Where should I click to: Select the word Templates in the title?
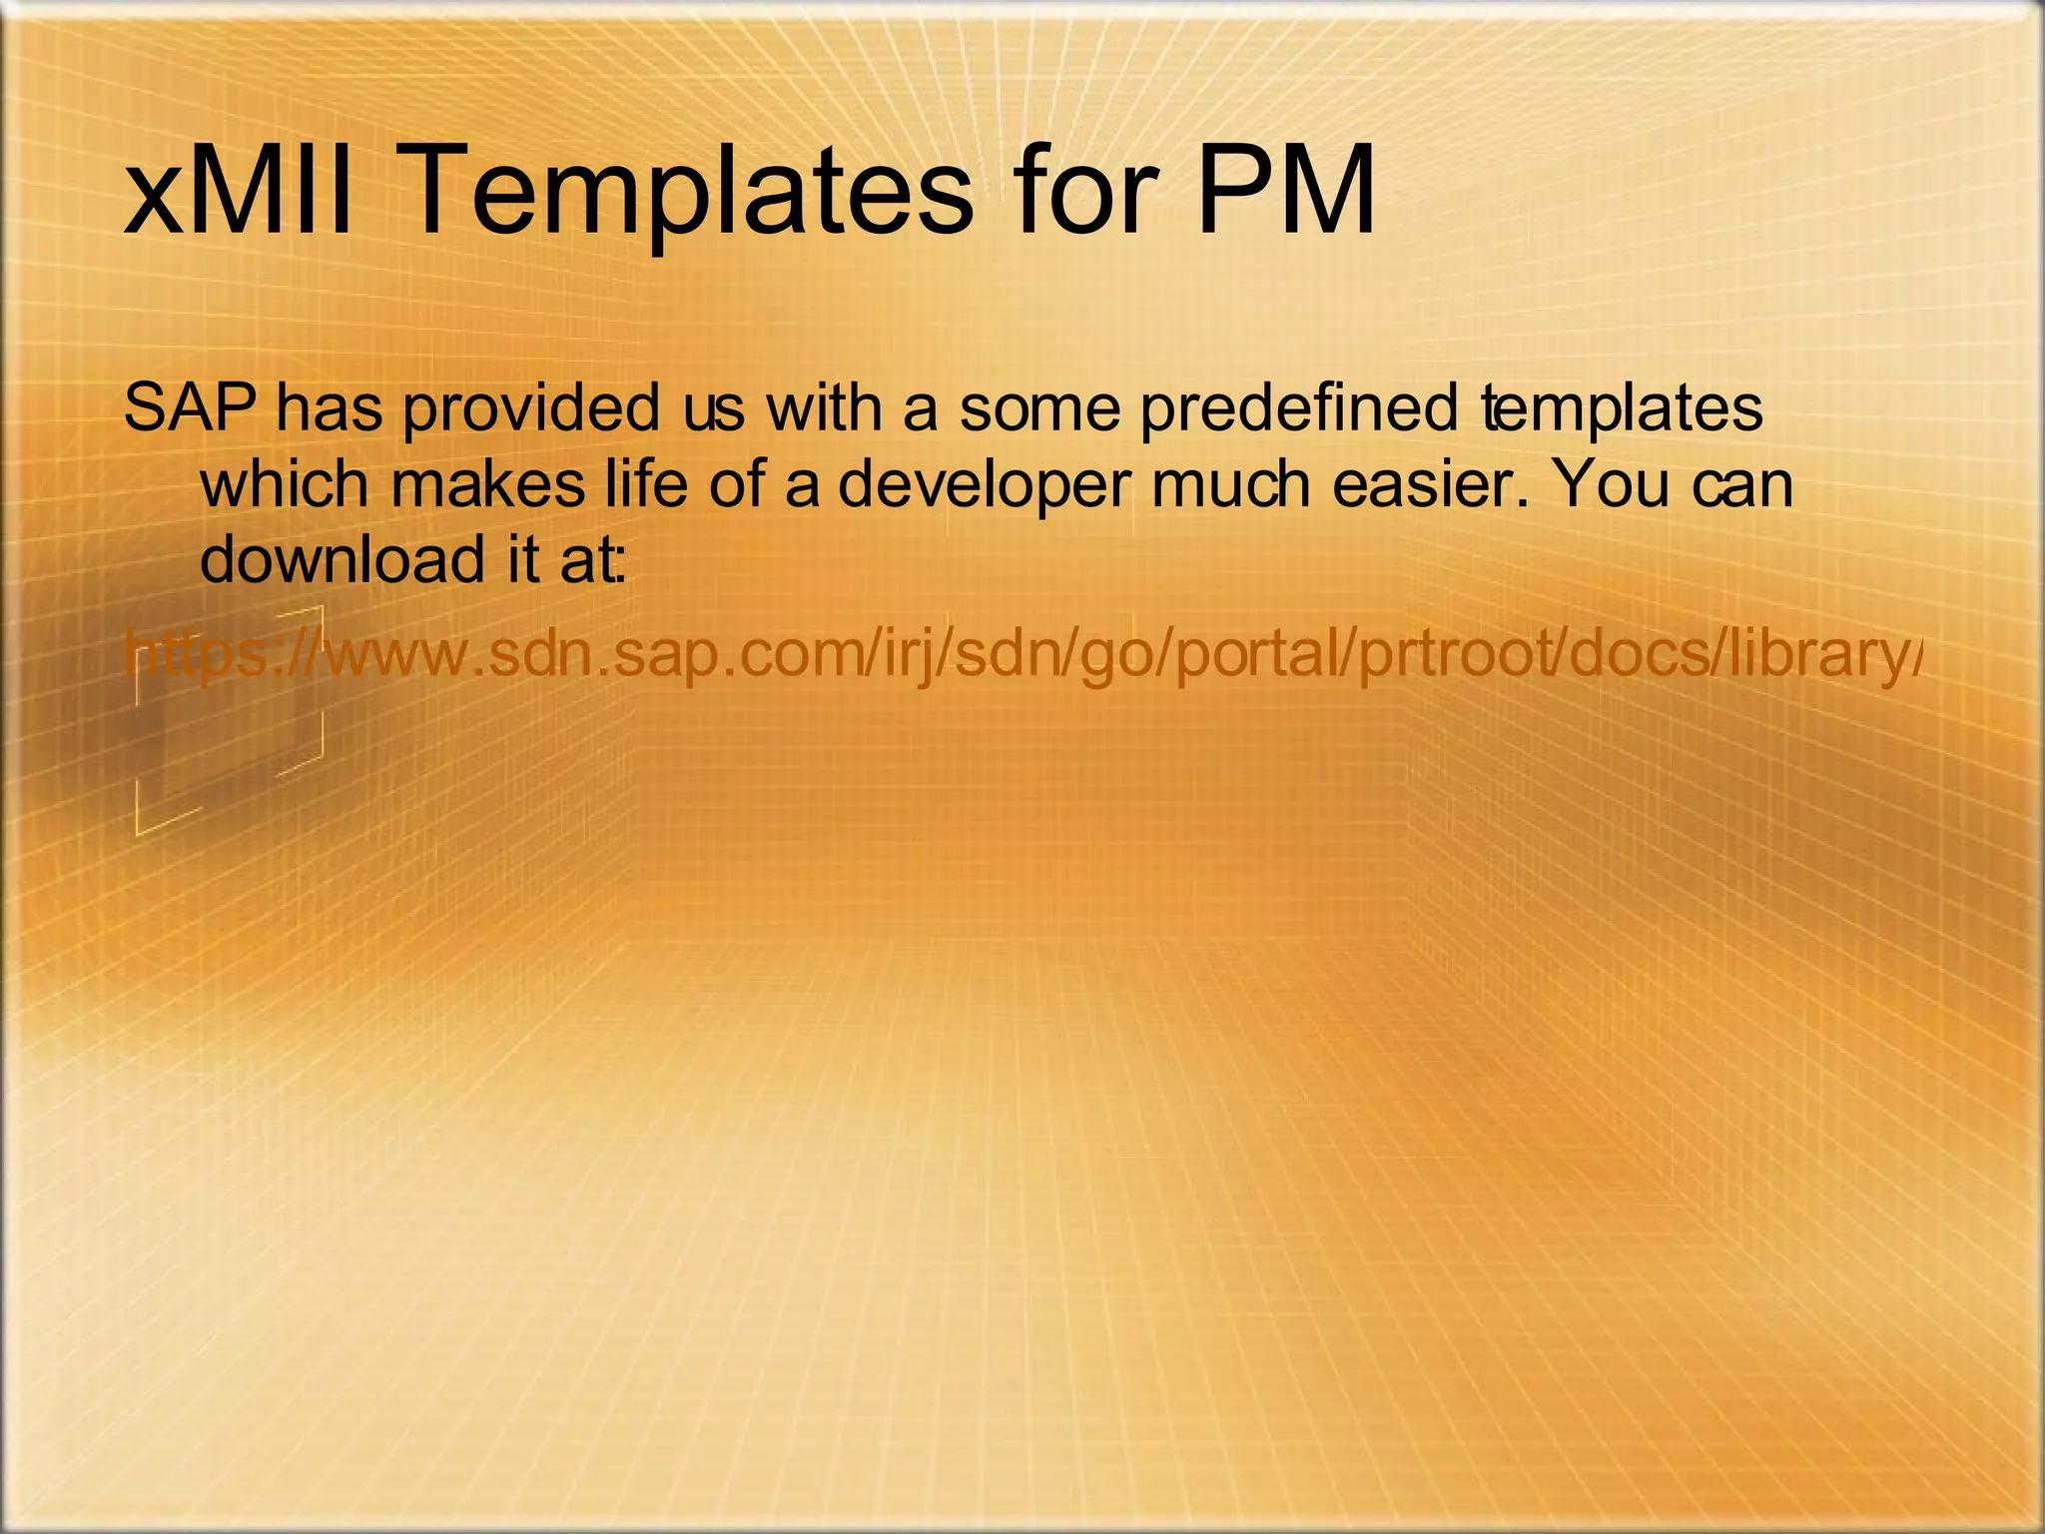pyautogui.click(x=689, y=190)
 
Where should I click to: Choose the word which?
pyautogui.click(x=285, y=483)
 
